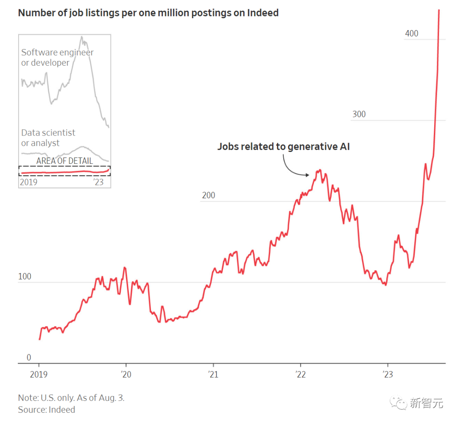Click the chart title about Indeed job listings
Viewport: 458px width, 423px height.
point(148,13)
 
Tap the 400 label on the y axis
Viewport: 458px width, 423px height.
point(411,33)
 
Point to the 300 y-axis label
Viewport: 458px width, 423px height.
point(359,114)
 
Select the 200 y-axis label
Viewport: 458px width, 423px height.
point(208,195)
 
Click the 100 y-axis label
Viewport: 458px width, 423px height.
point(25,276)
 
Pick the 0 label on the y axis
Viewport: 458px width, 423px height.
point(29,358)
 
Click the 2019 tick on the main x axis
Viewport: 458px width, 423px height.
point(39,375)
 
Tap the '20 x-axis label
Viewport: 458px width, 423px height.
point(126,375)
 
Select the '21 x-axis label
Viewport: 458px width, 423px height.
point(213,375)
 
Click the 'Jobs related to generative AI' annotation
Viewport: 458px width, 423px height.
point(283,147)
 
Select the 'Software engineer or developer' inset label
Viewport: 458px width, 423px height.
point(57,58)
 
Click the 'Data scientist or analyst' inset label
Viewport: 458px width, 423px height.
point(48,138)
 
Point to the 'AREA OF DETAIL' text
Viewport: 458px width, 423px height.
point(64,161)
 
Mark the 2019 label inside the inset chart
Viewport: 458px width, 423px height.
point(29,182)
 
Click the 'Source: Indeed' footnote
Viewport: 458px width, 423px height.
point(46,410)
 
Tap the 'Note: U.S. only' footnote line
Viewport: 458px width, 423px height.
point(71,398)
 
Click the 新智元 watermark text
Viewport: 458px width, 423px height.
point(426,404)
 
